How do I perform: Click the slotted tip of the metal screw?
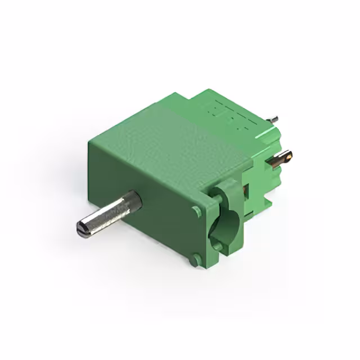coord(81,228)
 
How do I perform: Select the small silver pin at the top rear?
coord(273,119)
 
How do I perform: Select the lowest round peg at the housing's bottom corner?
coord(194,260)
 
